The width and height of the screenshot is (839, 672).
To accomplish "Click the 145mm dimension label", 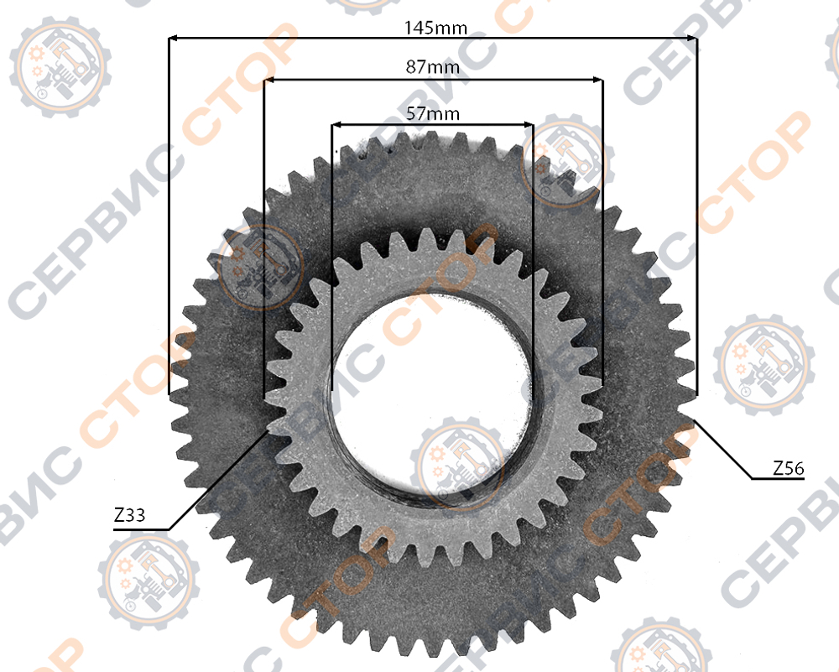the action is coord(435,28).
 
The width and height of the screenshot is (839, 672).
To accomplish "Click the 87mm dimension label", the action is coord(432,67).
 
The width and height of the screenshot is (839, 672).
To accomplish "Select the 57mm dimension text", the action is coord(432,113).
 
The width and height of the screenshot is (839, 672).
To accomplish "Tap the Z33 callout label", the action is coord(129,515).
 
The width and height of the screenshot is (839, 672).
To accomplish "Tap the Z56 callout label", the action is coord(788,468).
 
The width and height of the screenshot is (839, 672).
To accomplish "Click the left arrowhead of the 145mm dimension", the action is coord(174,38).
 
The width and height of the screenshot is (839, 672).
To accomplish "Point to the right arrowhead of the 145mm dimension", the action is coord(692,38).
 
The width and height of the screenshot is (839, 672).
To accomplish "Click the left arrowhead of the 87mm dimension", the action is coord(269,81).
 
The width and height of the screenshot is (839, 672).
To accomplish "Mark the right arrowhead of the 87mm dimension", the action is coord(597,81).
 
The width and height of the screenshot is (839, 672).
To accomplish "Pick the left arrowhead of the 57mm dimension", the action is coord(337,125).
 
